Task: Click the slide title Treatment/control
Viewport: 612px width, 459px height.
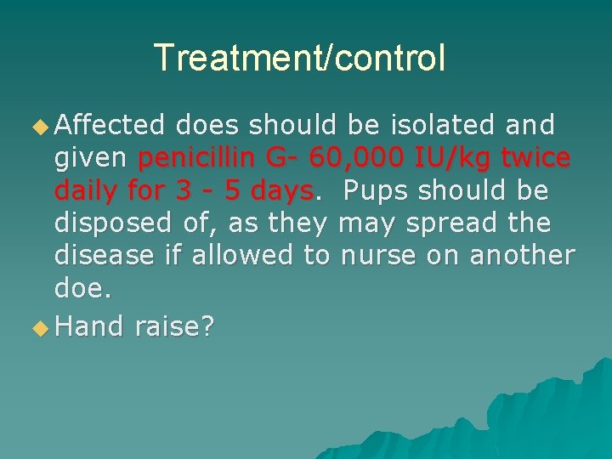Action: pos(299,58)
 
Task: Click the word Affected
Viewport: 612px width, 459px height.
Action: pos(109,126)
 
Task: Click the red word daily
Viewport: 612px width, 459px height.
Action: pos(88,191)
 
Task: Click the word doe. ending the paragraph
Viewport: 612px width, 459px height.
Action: pos(82,288)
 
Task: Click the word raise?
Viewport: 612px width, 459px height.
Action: pos(174,325)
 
